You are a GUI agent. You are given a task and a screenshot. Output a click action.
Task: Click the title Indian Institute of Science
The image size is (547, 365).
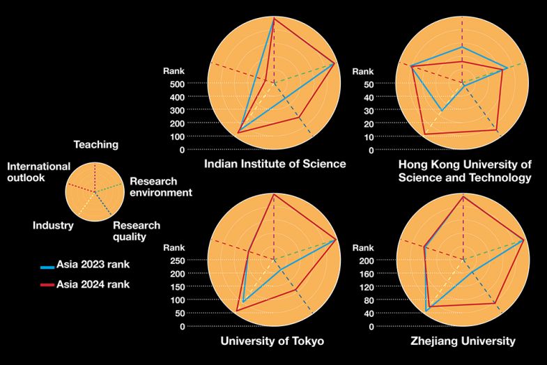275,164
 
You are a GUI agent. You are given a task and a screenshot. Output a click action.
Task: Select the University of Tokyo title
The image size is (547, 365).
272,341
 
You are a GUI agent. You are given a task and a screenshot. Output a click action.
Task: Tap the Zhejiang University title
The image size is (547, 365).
463,341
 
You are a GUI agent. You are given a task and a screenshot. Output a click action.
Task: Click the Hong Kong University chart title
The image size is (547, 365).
464,171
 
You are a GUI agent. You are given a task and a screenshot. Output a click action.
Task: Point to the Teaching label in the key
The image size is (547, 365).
96,145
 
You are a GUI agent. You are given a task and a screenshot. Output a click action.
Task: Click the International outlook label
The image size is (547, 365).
39,172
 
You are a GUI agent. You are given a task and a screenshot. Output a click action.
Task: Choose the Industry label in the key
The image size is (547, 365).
53,225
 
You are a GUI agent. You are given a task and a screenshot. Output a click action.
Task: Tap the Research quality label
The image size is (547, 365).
136,231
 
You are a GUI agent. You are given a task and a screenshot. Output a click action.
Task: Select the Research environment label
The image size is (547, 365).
161,187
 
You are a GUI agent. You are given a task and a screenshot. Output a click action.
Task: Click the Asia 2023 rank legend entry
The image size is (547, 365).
93,265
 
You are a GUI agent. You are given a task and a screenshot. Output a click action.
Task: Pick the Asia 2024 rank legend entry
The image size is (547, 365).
93,284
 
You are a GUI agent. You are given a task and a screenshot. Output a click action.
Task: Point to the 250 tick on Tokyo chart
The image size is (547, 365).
175,261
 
